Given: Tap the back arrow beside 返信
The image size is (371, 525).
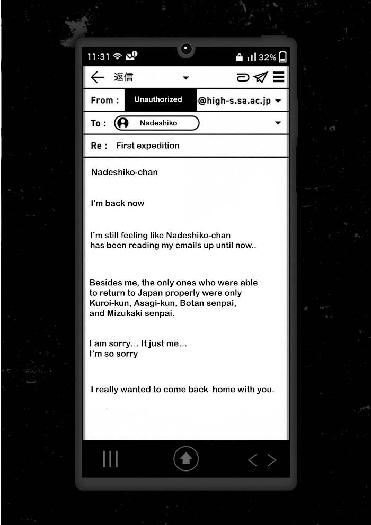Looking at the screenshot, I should [97, 78].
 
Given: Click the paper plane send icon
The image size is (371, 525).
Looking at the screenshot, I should [260, 78].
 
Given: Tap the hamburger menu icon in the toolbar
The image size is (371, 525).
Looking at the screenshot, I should [279, 77].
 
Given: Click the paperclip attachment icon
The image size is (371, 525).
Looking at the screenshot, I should [243, 78].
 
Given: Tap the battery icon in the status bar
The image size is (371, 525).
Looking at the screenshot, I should [282, 57].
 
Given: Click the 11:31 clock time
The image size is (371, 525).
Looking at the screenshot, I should [99, 57].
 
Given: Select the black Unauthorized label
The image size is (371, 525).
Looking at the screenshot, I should [158, 99].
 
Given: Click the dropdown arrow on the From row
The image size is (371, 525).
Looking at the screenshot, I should [278, 101].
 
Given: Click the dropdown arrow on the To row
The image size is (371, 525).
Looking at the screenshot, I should [278, 123].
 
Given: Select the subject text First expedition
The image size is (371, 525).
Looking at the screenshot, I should [147, 146].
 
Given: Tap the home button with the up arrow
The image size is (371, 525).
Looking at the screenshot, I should [186, 459].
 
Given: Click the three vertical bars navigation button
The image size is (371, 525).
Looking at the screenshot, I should [110, 459].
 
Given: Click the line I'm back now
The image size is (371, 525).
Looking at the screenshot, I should [118, 203].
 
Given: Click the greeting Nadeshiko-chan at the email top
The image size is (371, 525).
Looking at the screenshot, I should [125, 172].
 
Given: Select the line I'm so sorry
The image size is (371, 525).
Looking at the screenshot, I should [113, 354].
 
